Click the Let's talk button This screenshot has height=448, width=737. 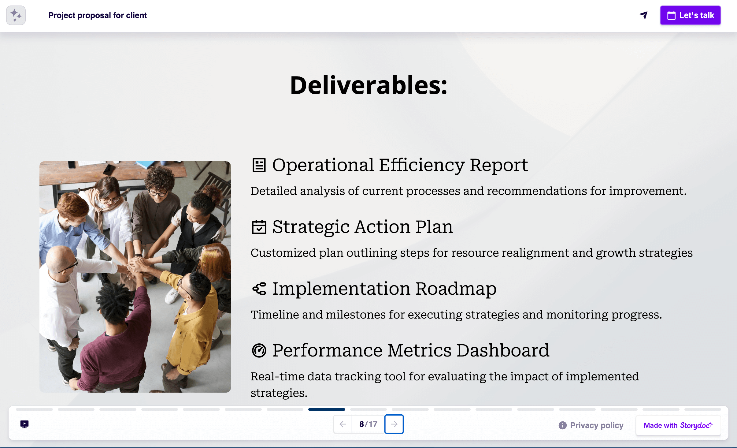(x=690, y=15)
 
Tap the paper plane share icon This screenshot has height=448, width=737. (x=643, y=15)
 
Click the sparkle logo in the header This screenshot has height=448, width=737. (x=16, y=15)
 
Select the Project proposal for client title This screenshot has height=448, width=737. (x=98, y=15)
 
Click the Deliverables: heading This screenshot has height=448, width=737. (x=369, y=85)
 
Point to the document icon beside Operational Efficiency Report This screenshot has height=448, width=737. (x=259, y=165)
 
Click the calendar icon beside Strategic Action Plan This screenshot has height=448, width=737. (x=259, y=227)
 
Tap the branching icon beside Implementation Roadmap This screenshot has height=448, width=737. (x=259, y=289)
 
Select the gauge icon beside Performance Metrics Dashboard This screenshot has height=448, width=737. (x=259, y=350)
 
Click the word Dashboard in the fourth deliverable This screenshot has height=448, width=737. (x=503, y=350)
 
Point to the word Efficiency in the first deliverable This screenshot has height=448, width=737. (x=422, y=165)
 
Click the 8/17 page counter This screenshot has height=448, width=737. (x=368, y=424)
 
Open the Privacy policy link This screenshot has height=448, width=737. (x=596, y=425)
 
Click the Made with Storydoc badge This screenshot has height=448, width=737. (x=678, y=425)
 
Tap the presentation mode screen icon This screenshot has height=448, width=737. (x=24, y=424)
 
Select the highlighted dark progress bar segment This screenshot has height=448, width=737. (x=327, y=409)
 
